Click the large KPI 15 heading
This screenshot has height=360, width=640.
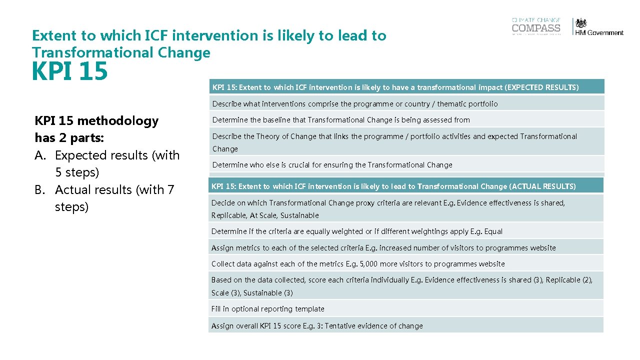(69, 71)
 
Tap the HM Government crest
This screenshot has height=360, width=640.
(580, 23)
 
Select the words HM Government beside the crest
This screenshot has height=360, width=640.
(599, 33)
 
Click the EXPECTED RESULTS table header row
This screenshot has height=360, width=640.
(395, 87)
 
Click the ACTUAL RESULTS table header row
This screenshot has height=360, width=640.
(393, 186)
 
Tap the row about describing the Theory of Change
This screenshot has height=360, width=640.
(394, 142)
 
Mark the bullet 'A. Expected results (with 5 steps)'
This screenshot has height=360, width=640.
(107, 163)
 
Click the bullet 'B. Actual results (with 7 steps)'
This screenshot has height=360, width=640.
(105, 198)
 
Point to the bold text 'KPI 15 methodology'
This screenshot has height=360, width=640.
(96, 121)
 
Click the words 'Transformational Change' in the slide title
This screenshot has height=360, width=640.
(121, 52)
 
